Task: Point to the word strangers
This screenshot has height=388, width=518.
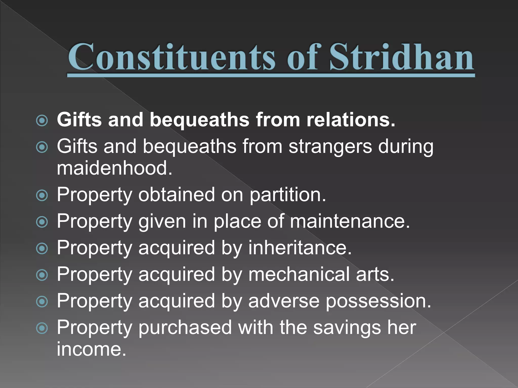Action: pyautogui.click(x=330, y=147)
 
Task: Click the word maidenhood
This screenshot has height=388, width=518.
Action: pyautogui.click(x=114, y=168)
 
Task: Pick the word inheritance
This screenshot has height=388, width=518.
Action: pyautogui.click(x=300, y=248)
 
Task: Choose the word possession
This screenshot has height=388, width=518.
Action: pyautogui.click(x=378, y=301)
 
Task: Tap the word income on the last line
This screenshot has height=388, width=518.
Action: pyautogui.click(x=91, y=349)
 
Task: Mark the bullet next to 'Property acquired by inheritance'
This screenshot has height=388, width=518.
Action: pyautogui.click(x=42, y=249)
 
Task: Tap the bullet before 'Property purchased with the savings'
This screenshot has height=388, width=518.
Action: pyautogui.click(x=42, y=328)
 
